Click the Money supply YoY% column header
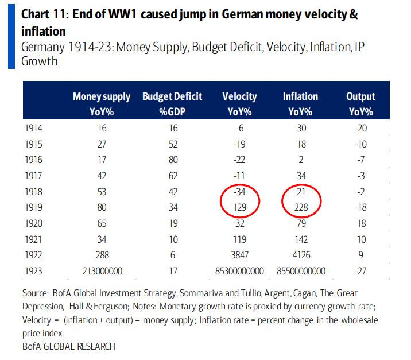pyautogui.click(x=102, y=103)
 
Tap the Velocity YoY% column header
pyautogui.click(x=239, y=103)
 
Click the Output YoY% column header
pyautogui.click(x=360, y=103)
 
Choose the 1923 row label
pyautogui.click(x=33, y=271)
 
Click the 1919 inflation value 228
pyautogui.click(x=301, y=208)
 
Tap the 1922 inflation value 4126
pyautogui.click(x=301, y=255)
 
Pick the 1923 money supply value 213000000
pyautogui.click(x=102, y=271)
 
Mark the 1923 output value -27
pyautogui.click(x=360, y=271)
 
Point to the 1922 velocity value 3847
pyautogui.click(x=239, y=255)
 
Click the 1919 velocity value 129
pyautogui.click(x=239, y=208)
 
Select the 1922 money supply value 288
pyautogui.click(x=102, y=255)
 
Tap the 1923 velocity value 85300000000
pyautogui.click(x=239, y=271)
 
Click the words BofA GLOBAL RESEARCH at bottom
pyautogui.click(x=69, y=346)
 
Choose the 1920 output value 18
pyautogui.click(x=360, y=224)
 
